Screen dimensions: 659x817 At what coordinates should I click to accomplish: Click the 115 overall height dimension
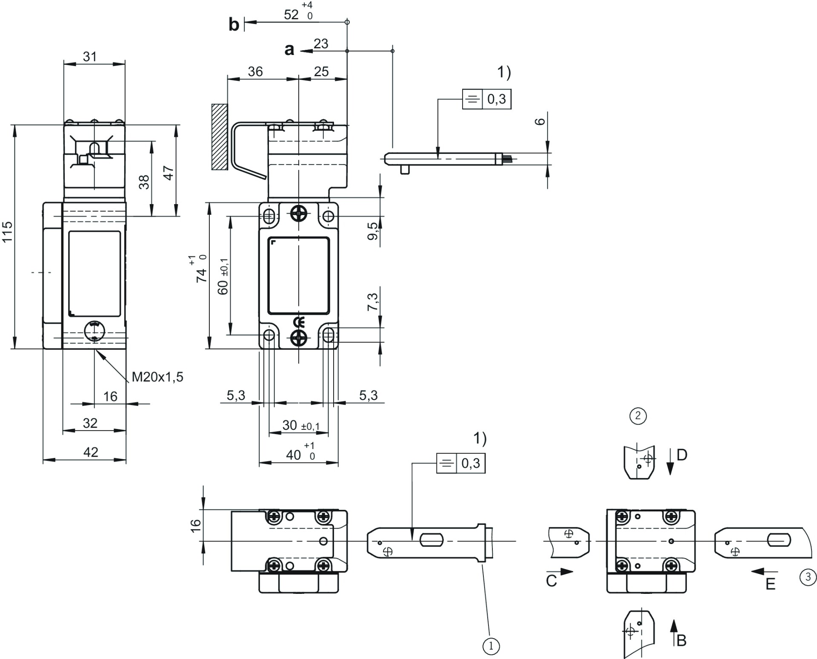tap(8, 232)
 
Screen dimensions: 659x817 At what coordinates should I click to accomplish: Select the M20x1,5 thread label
tap(157, 377)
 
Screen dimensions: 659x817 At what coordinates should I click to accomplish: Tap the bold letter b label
tap(234, 25)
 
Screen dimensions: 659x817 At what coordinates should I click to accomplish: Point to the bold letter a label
tap(289, 49)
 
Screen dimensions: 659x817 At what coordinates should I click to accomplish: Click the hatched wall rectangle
tap(220, 137)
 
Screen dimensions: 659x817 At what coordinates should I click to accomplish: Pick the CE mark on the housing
tap(299, 322)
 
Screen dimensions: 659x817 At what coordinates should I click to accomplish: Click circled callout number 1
tap(491, 646)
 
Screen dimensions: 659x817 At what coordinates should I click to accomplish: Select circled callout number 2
tap(638, 415)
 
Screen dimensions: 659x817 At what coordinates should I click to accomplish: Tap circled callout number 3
tap(808, 577)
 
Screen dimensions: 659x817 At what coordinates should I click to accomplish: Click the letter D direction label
tap(682, 455)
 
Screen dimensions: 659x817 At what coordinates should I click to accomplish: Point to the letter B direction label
tap(681, 640)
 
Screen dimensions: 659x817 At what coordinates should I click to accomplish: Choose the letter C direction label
tap(551, 581)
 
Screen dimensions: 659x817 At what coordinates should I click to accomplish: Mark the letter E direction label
tap(770, 584)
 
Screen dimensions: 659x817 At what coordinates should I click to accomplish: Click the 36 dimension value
tap(255, 72)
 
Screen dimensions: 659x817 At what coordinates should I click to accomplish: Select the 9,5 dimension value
tap(373, 231)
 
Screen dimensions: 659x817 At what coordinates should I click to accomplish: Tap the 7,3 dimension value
tap(373, 302)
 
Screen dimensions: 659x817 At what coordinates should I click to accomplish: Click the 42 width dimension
tap(91, 452)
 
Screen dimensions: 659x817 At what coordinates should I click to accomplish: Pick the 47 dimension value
tap(169, 173)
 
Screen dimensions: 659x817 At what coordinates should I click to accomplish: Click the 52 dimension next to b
tap(291, 14)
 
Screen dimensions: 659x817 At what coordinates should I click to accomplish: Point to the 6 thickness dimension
tap(540, 121)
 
